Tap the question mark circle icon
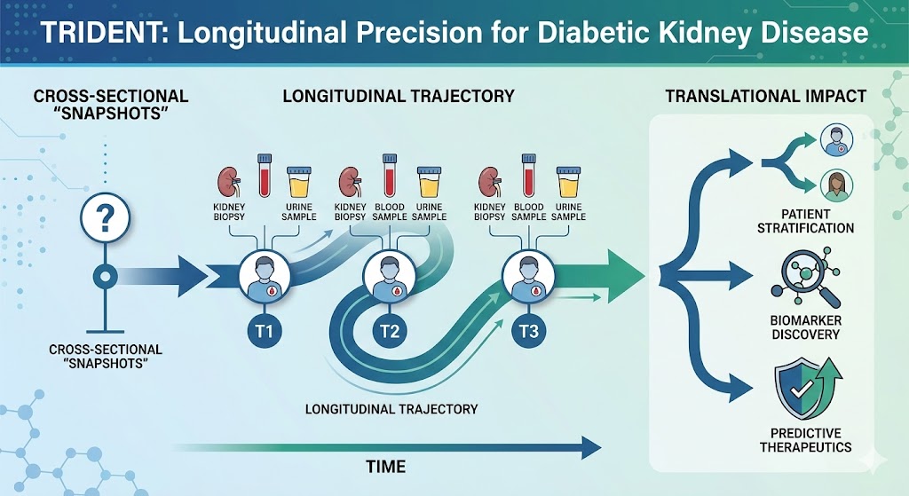(x=105, y=218)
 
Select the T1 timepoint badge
(x=265, y=332)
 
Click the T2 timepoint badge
(x=390, y=332)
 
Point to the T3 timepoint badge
(x=528, y=332)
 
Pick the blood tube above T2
(x=390, y=176)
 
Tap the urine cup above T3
(x=568, y=181)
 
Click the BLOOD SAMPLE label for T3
(x=529, y=211)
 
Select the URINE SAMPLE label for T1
(x=299, y=211)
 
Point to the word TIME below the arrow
(x=386, y=467)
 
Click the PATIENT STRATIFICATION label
(x=806, y=221)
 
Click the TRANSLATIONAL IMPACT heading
(x=766, y=96)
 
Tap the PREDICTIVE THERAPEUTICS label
(x=806, y=440)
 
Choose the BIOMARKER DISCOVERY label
(x=806, y=327)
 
